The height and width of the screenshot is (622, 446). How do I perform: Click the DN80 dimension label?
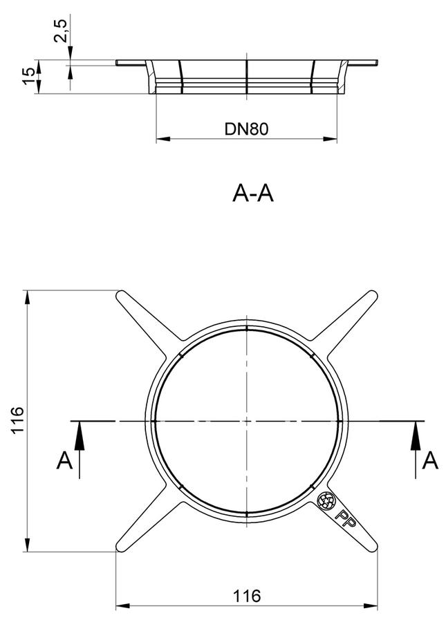click(246, 129)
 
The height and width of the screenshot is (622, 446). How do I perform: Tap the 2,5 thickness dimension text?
click(62, 30)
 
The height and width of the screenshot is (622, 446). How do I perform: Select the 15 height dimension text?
click(29, 76)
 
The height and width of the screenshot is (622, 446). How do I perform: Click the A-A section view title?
click(253, 194)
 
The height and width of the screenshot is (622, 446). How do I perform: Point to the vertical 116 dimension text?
click(18, 420)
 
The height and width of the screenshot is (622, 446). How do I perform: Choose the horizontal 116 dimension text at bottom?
click(247, 596)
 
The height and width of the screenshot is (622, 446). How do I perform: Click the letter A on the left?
click(65, 460)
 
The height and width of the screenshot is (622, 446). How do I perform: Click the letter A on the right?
click(430, 460)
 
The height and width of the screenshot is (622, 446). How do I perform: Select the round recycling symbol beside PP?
click(326, 500)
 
